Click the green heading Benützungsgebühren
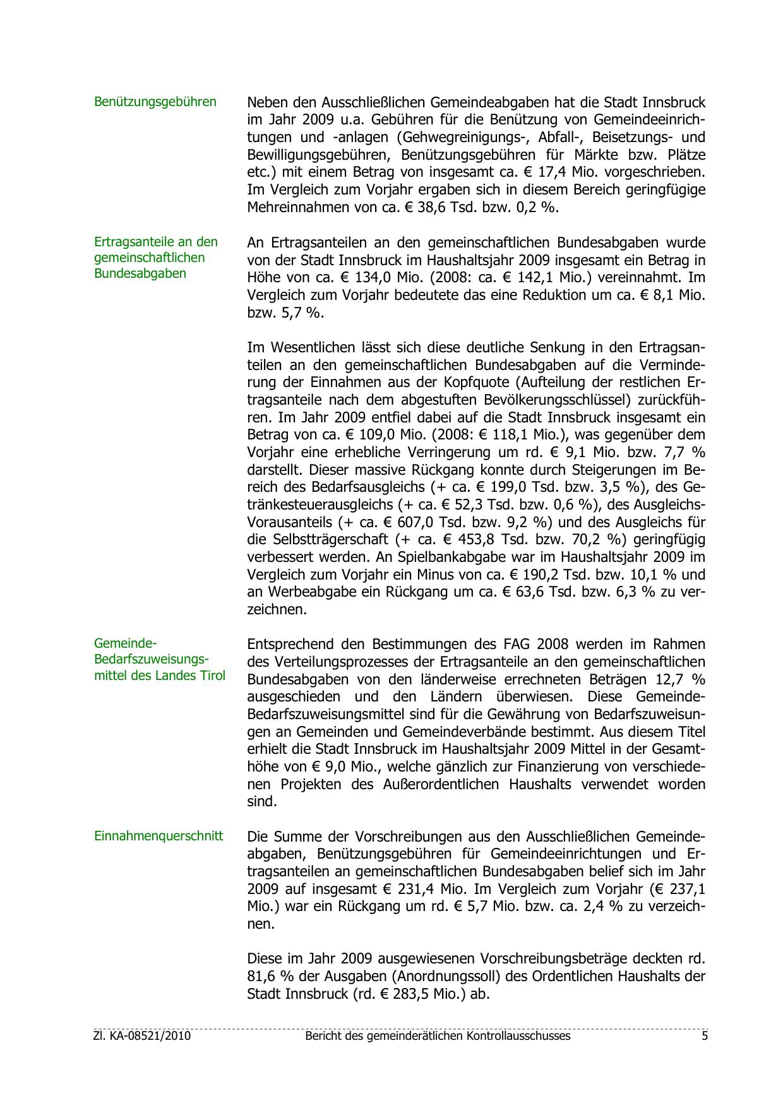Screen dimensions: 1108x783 click(155, 102)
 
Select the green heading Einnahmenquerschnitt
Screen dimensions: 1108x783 click(158, 836)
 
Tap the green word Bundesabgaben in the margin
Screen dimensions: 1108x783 click(140, 273)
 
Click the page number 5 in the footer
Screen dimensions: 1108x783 click(704, 1036)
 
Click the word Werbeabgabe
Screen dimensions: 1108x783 click(304, 593)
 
